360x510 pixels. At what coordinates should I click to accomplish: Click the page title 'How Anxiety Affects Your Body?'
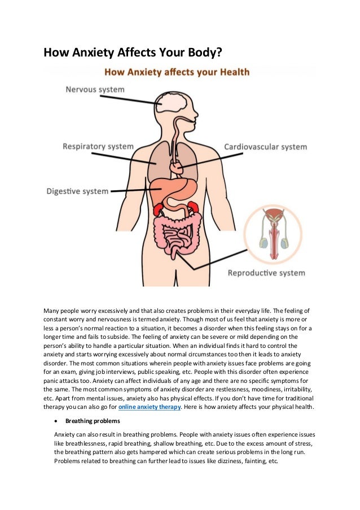click(133, 54)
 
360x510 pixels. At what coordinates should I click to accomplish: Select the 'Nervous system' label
click(95, 89)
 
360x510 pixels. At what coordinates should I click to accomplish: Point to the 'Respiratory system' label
click(98, 146)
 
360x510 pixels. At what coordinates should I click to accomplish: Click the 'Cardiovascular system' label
click(266, 147)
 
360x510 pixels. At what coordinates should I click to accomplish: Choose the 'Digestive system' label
click(77, 191)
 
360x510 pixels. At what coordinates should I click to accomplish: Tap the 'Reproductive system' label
click(266, 273)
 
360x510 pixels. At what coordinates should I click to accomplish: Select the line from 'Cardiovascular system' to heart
click(203, 158)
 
